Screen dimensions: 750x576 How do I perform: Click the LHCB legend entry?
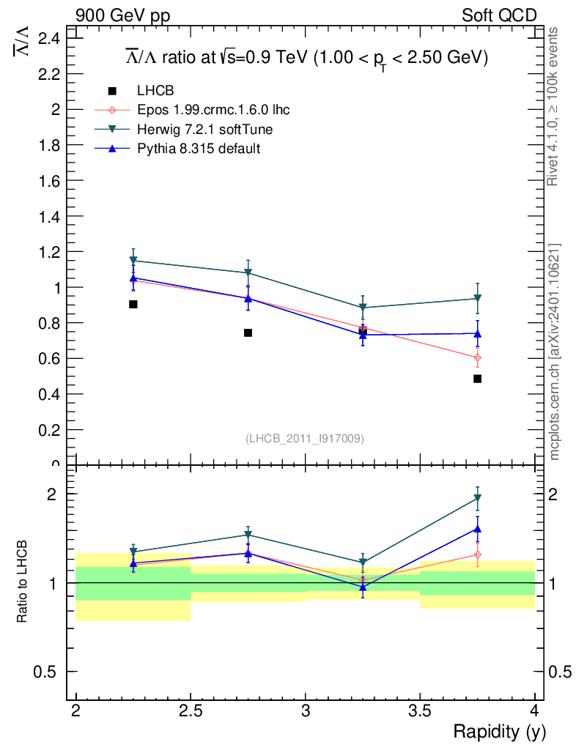point(154,91)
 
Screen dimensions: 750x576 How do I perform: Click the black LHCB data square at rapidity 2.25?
point(133,304)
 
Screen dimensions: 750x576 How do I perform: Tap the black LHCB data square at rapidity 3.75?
point(477,379)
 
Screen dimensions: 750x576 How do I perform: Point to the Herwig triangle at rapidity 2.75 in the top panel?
point(248,273)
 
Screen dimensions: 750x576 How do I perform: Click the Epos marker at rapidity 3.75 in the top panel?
point(477,358)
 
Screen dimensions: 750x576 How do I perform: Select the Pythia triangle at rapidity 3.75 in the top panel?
point(477,334)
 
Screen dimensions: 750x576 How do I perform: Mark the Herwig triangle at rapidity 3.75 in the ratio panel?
point(477,499)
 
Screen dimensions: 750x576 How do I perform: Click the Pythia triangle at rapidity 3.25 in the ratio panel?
point(363,587)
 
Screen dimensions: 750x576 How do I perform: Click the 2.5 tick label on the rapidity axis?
point(191,711)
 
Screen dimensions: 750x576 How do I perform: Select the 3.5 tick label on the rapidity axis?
point(420,711)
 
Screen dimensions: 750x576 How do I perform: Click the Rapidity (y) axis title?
point(499,731)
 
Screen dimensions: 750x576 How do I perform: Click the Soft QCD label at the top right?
point(499,15)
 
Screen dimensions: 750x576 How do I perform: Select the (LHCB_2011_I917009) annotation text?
point(305,438)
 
